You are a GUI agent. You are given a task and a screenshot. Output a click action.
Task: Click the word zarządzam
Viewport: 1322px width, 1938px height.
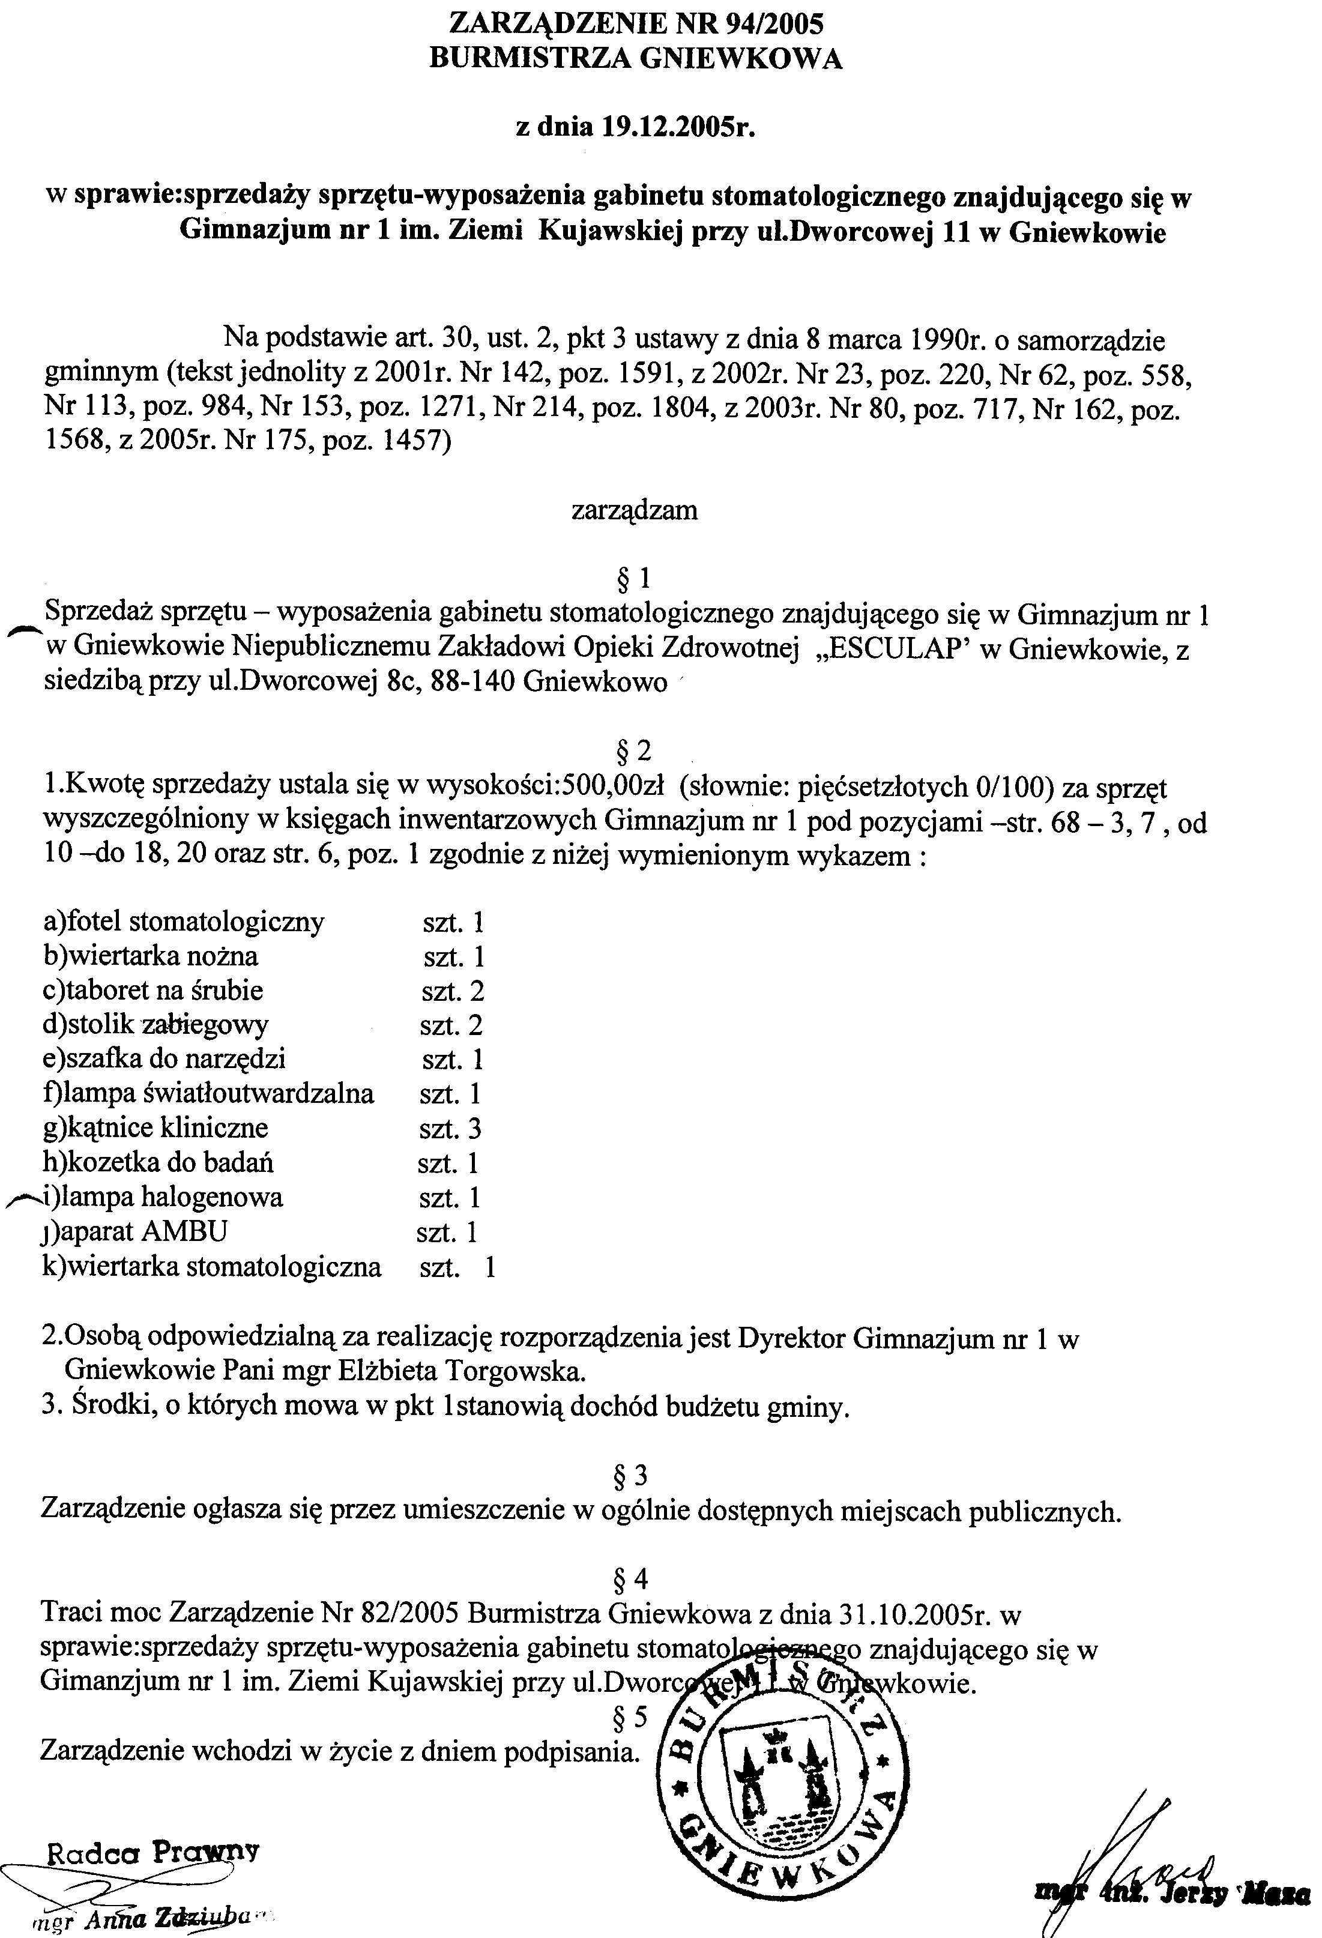click(635, 510)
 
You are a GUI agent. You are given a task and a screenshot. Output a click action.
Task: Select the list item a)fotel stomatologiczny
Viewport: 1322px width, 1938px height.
click(184, 922)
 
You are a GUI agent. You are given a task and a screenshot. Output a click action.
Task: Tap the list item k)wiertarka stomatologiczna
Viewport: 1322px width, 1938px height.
click(212, 1267)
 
